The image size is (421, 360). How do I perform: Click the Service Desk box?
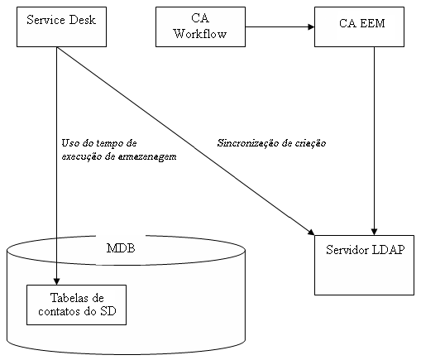(x=56, y=26)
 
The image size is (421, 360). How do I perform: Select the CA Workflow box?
(x=200, y=26)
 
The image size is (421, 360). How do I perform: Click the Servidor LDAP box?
(x=364, y=264)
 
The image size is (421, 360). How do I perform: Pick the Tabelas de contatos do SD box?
(x=76, y=305)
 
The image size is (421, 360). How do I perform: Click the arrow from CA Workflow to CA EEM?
(x=280, y=26)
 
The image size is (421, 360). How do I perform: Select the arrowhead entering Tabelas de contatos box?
(x=57, y=281)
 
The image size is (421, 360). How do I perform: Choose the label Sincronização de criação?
(x=271, y=143)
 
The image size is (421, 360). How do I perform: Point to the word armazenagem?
(x=149, y=156)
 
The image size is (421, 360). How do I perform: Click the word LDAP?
(x=387, y=251)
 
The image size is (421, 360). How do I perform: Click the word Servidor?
(x=347, y=251)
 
